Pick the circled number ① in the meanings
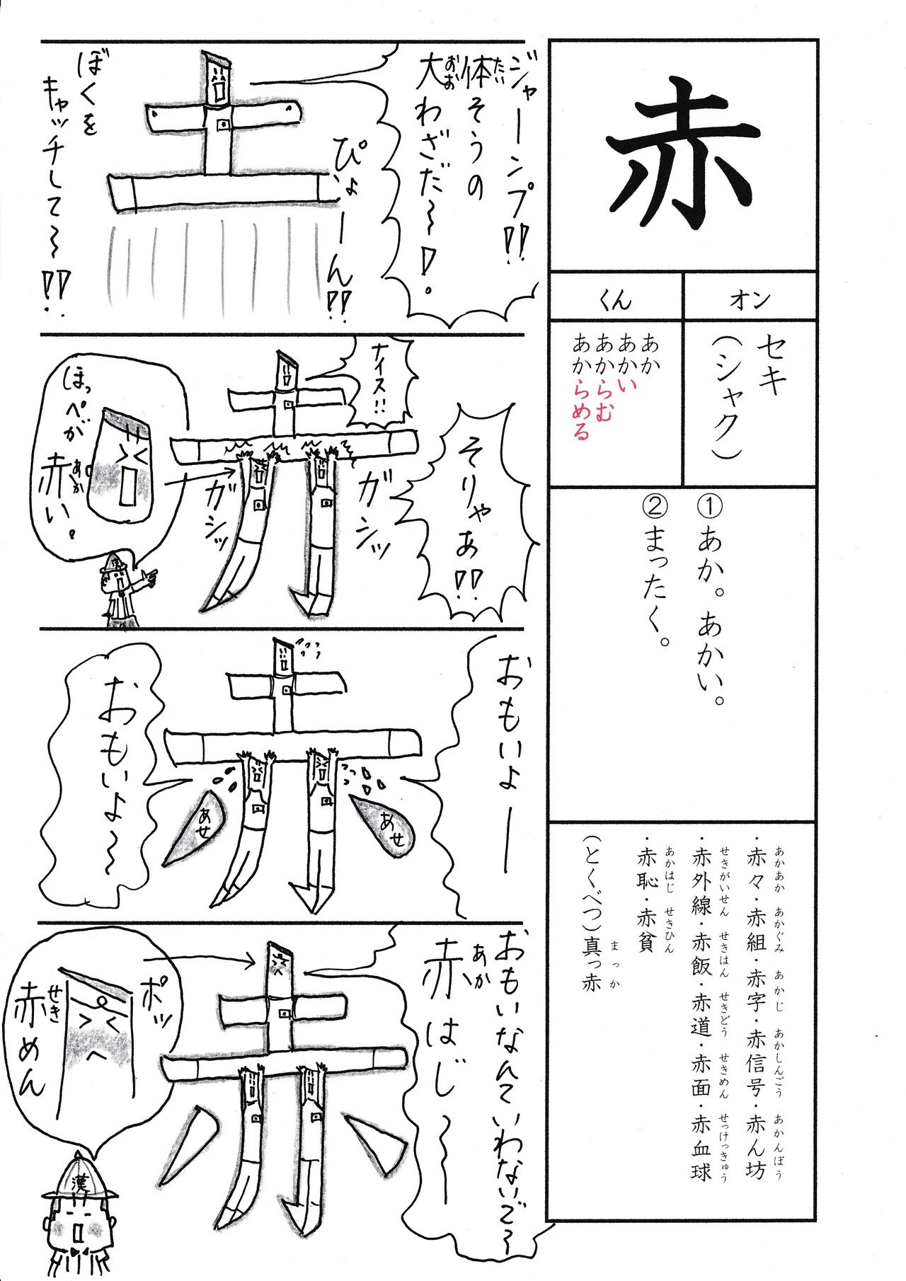[x=709, y=508]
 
